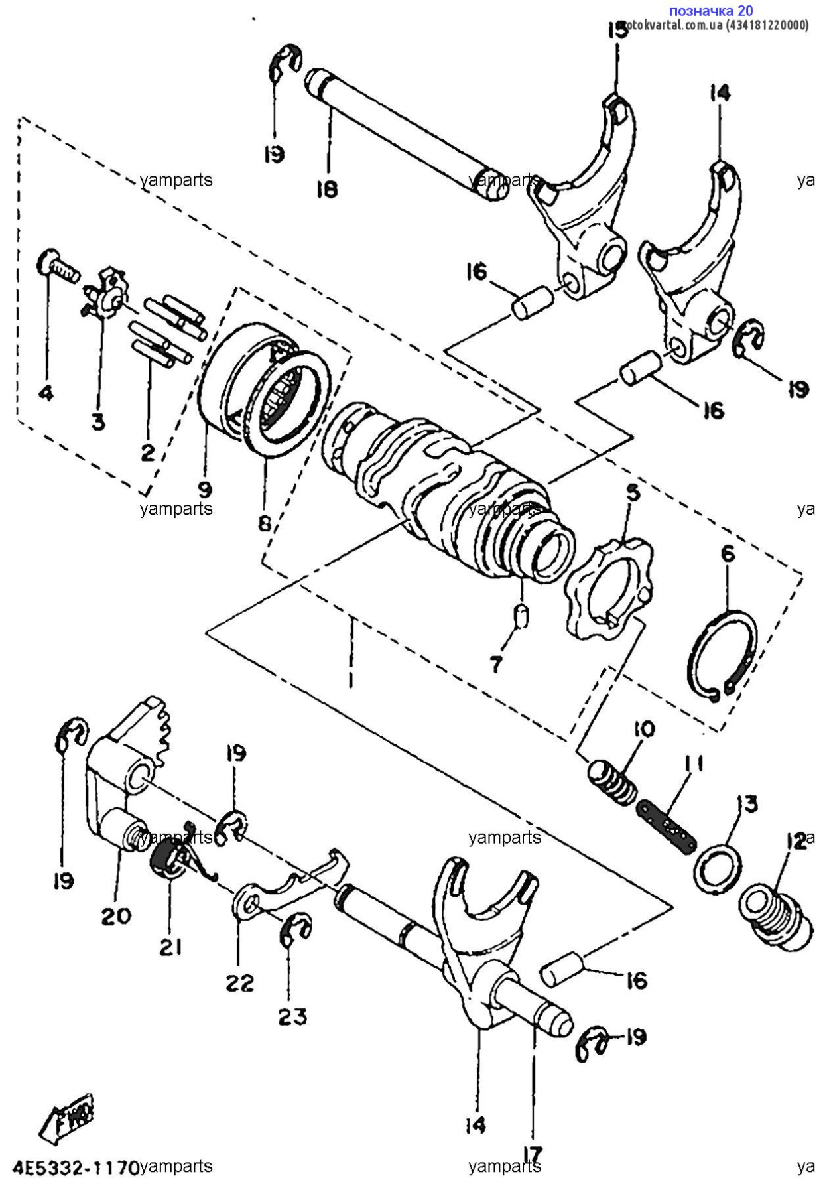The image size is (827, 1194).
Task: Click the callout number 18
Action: click(327, 188)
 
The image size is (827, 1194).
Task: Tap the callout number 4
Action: click(45, 393)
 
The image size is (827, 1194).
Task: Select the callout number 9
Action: click(205, 490)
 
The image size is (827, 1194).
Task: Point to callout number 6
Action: click(728, 553)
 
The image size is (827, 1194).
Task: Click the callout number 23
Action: click(292, 1016)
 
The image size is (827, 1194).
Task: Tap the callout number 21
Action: click(170, 947)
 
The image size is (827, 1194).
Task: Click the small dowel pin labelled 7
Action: click(522, 616)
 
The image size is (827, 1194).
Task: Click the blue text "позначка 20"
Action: click(710, 11)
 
